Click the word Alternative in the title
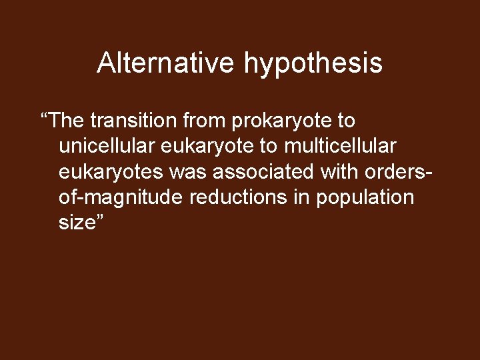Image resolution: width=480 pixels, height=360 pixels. (x=166, y=63)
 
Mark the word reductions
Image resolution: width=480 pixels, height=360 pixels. (x=230, y=197)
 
